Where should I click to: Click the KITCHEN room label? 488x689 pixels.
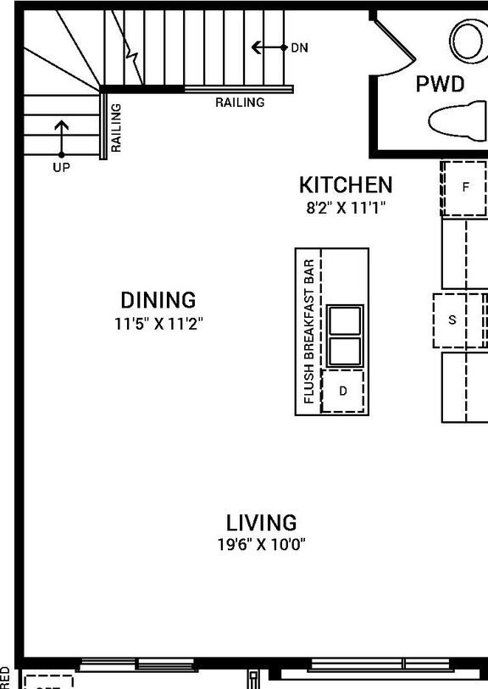346,185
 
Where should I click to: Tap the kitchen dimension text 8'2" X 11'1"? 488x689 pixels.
346,207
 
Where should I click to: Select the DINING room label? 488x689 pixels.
158,300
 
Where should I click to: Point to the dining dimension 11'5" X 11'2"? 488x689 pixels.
159,323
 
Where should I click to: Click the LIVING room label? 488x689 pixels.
261,522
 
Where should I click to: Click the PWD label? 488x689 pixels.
440,84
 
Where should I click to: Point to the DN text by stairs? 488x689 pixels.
299,48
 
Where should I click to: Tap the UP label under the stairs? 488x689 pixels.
61,168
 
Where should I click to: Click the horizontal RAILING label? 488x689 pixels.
240,103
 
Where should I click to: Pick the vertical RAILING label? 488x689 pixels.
116,127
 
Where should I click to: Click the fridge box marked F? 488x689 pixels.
464,188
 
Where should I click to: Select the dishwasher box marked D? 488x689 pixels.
343,391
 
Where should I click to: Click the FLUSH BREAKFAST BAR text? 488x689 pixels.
309,331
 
